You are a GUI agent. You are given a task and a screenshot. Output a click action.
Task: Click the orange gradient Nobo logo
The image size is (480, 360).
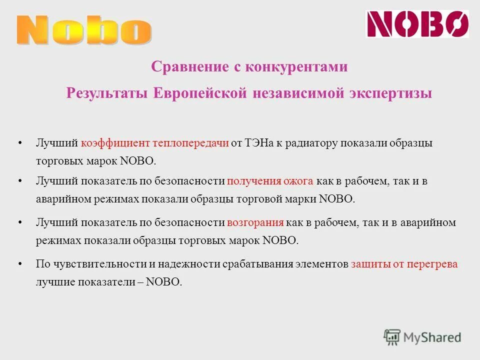pos(84,30)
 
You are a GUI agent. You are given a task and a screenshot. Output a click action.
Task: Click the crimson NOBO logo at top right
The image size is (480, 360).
pos(417,24)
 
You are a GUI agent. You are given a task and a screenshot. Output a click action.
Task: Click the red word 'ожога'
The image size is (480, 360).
pos(298,181)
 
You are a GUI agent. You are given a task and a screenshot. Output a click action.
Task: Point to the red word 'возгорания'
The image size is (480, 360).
pos(255,223)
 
